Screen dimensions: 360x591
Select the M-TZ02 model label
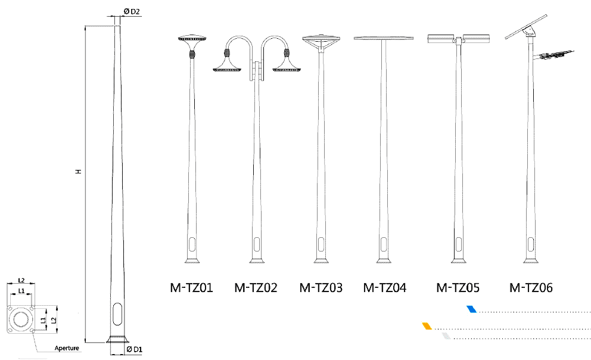pos(256,288)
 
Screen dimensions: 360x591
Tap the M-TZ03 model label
pos(321,288)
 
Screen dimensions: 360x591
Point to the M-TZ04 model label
pos(384,288)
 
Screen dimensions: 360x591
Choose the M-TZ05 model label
pos(458,288)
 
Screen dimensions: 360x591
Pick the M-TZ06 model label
pos(531,288)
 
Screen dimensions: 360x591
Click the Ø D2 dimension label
pos(131,12)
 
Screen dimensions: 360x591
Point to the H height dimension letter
pos(78,172)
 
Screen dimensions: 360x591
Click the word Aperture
pos(67,347)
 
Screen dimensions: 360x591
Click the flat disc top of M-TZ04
pos(383,38)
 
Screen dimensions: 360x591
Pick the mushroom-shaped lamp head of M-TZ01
pos(192,39)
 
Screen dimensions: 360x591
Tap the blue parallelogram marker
pos(471,309)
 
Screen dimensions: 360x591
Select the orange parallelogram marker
pos(427,326)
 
